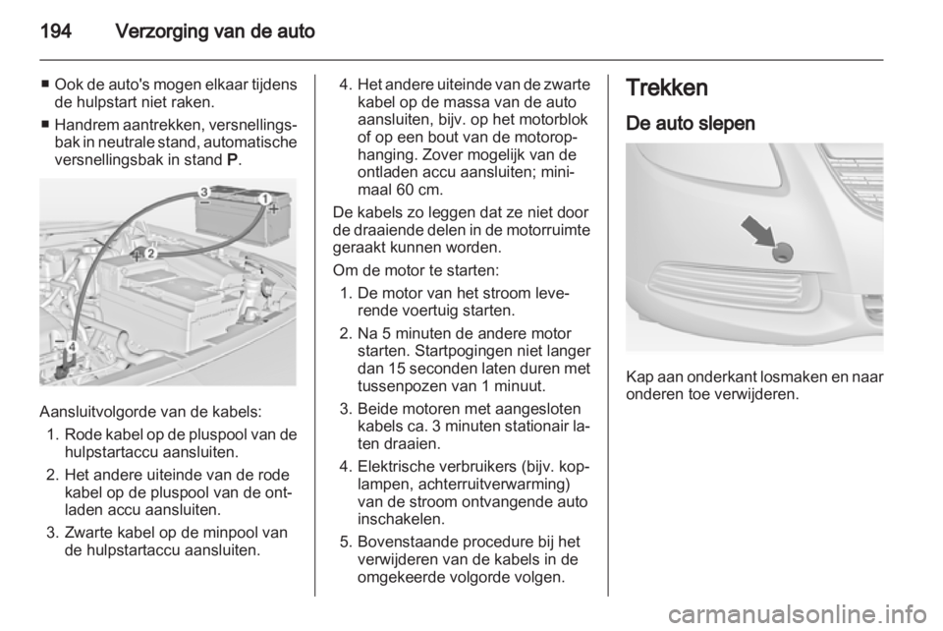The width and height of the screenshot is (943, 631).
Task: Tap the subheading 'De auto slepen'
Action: tap(691, 124)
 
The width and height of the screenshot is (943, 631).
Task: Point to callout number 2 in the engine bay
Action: tap(150, 253)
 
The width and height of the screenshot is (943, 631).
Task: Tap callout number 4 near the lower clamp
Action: tap(73, 345)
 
